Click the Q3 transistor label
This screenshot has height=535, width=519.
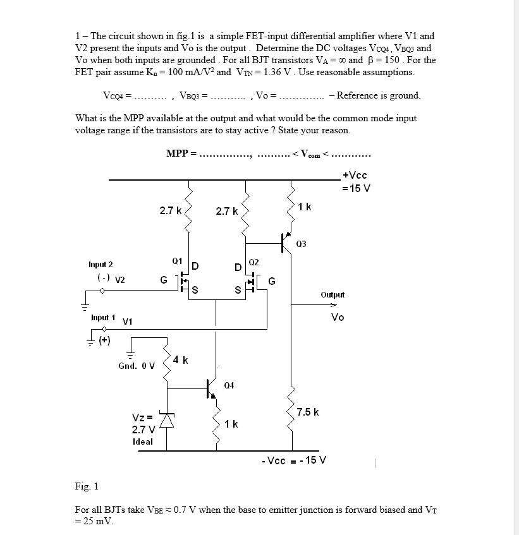[x=301, y=244]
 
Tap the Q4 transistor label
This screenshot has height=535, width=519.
[x=229, y=385]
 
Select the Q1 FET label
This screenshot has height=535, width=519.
[x=177, y=260]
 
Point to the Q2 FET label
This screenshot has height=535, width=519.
[x=253, y=261]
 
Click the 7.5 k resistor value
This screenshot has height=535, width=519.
[x=307, y=412]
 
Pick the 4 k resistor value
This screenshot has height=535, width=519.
[x=181, y=360]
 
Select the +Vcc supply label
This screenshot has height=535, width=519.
[x=354, y=175]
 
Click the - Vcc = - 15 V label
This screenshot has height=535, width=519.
[x=293, y=460]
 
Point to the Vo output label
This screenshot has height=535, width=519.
[x=338, y=317]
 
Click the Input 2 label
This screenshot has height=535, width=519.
[x=101, y=264]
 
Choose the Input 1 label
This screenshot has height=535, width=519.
[x=103, y=317]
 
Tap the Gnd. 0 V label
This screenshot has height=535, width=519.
[x=136, y=366]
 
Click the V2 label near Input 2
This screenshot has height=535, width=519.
[x=119, y=279]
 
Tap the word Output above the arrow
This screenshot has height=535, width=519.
[x=333, y=294]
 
